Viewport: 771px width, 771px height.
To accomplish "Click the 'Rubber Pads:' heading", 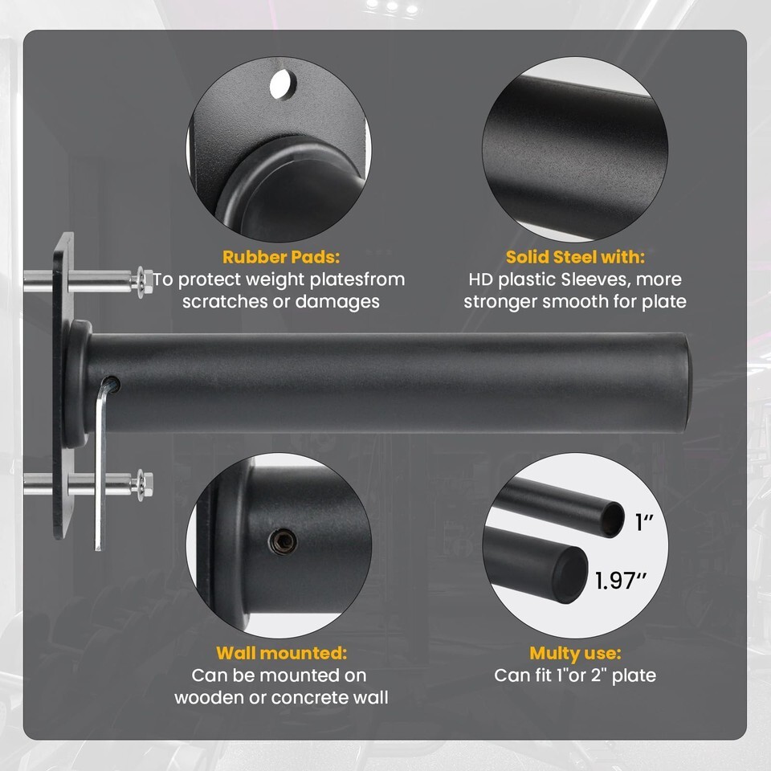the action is (281, 257).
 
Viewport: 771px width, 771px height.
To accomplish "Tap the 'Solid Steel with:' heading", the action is (575, 257).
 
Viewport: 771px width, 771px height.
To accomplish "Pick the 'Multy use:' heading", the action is (575, 653).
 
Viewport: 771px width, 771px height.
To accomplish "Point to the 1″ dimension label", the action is (644, 522).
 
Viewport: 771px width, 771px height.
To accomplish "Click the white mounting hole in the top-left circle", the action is (283, 84).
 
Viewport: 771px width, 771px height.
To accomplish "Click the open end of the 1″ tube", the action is (613, 520).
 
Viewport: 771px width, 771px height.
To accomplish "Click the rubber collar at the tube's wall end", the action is (79, 384).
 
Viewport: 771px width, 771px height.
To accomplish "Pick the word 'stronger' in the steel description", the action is (500, 301).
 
